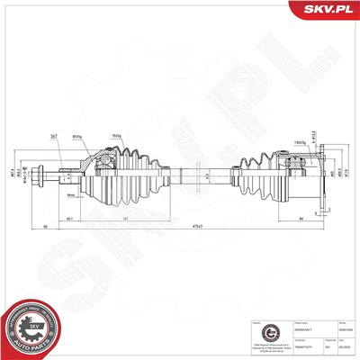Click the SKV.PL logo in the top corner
click(x=323, y=10)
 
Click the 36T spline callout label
click(x=53, y=135)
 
